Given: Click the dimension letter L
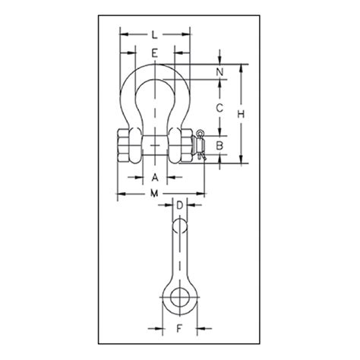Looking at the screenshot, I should [154, 34].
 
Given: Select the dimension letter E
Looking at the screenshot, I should [154, 53].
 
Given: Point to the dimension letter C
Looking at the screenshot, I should [219, 108].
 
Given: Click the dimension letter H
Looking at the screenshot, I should [241, 112].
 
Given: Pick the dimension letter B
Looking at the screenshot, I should [219, 144].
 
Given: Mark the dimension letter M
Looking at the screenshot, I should [154, 195].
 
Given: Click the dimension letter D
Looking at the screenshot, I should [180, 205].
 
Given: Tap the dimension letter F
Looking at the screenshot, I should [180, 329].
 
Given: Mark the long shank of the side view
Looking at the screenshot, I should [180, 258].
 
